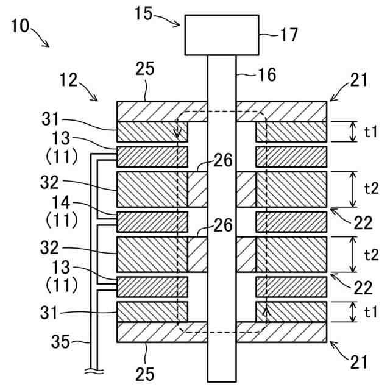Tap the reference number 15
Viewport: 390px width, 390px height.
144,13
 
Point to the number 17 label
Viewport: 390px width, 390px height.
289,35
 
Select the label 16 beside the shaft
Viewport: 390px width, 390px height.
266,75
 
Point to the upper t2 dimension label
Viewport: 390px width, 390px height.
371,188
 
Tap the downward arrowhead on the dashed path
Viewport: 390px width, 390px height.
178,133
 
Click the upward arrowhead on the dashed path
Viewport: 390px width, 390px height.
265,313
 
